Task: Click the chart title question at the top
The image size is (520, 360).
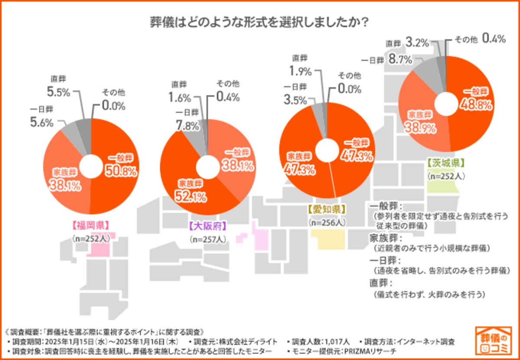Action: (260, 22)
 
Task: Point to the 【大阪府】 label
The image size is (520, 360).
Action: (208, 226)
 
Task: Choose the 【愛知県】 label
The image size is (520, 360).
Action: (326, 209)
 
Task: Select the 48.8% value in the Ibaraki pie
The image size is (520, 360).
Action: (475, 105)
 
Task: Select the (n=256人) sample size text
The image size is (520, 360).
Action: (327, 222)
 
